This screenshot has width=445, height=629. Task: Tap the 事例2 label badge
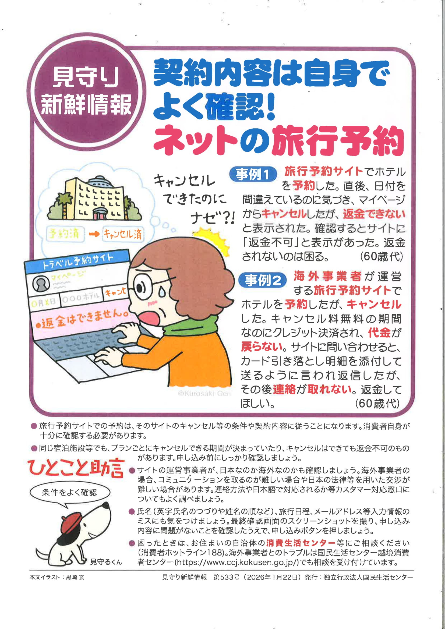coord(262,280)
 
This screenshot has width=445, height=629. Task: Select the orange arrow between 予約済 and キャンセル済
coord(94,234)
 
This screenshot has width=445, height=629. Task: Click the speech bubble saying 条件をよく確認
coord(69,493)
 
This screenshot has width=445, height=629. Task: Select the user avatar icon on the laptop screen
coord(41,283)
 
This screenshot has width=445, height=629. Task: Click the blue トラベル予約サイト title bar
coord(77,262)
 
